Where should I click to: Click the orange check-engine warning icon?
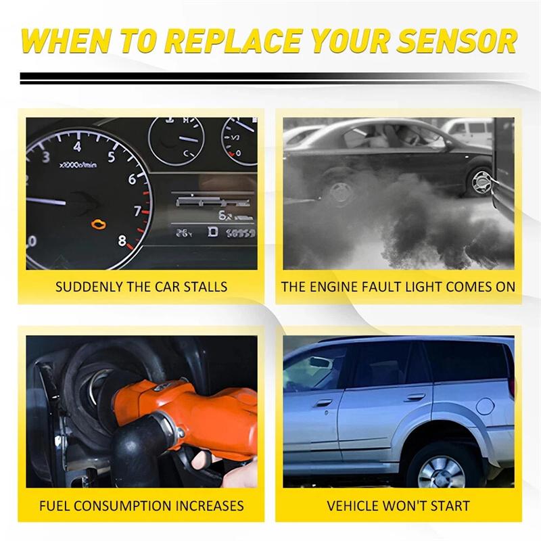click(99, 225)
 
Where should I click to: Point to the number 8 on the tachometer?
click(122, 241)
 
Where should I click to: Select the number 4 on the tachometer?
click(77, 147)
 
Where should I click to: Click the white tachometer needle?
click(46, 201)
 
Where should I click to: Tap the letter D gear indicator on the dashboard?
click(213, 232)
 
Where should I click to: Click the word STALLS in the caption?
click(206, 287)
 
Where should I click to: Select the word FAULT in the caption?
click(382, 287)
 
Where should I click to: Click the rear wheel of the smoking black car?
click(481, 182)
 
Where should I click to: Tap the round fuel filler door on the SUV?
click(485, 406)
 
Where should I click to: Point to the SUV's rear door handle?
click(415, 398)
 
